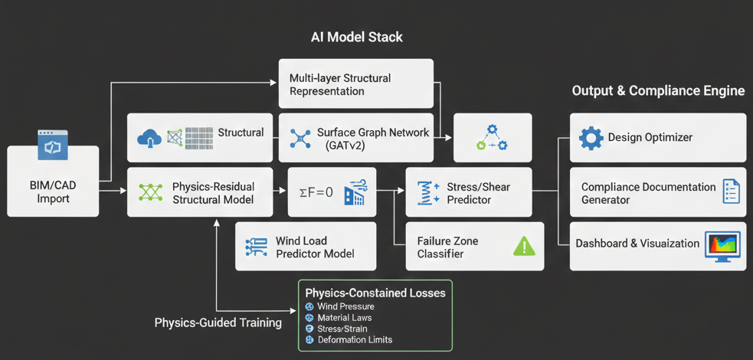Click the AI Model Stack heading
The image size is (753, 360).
pos(356,37)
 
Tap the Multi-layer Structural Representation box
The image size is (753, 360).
pos(355,84)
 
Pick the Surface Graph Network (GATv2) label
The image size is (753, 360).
pos(372,138)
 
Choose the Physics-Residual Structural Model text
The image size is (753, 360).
pos(213,193)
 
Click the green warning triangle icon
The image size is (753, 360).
pos(524,246)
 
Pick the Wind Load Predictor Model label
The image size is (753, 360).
pos(315,247)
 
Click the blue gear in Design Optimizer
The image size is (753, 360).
pos(591,138)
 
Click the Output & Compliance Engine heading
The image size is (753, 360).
pos(658,91)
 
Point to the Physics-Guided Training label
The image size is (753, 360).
pos(218,322)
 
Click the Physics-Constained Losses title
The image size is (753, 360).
pos(375,293)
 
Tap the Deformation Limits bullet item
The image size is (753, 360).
pos(354,339)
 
